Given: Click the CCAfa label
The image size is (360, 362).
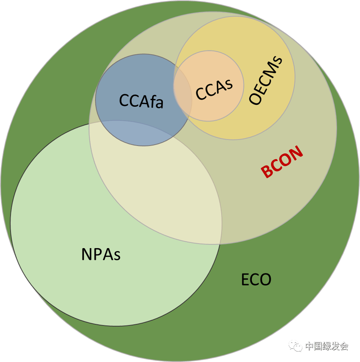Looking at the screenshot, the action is (141, 101).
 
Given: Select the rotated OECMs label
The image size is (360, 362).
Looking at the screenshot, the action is (266, 80).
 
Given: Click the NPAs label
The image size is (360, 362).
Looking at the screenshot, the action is (101, 254).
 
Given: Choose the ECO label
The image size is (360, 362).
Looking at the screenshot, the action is (256, 279).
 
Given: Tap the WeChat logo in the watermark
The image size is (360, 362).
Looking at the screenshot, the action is (296, 346).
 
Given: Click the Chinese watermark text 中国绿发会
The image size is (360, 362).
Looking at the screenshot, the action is (327, 346).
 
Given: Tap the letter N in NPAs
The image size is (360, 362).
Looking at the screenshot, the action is (86, 254).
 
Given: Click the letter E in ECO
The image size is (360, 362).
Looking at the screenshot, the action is (245, 279).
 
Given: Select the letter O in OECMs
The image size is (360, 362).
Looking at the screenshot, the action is (255, 99).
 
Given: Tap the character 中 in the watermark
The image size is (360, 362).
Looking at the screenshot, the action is (309, 346).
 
